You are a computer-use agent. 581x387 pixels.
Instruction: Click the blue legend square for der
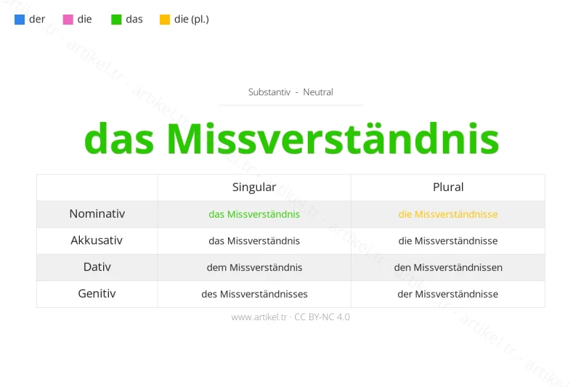[20, 20]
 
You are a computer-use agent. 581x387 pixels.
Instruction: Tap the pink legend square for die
[68, 20]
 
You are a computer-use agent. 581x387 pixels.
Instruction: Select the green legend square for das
[116, 20]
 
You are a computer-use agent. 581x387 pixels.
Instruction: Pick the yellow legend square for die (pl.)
[165, 20]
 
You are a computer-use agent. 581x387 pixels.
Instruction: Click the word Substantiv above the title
[269, 92]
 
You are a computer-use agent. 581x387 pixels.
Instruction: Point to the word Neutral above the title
[318, 92]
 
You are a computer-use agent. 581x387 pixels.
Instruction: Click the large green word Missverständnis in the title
[333, 138]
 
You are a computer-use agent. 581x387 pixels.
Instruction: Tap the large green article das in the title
[118, 138]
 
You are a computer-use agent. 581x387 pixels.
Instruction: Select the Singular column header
[254, 187]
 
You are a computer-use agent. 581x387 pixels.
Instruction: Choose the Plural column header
[448, 187]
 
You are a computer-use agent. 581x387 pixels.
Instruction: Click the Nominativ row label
[97, 213]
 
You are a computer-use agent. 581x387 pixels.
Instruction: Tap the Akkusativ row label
[97, 240]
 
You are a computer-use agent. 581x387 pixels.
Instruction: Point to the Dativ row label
[97, 266]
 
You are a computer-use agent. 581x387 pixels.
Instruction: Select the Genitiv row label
[97, 293]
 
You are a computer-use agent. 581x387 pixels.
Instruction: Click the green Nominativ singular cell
[254, 214]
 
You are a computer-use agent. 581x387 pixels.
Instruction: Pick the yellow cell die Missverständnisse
[448, 214]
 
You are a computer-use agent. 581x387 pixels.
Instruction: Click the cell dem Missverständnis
[254, 267]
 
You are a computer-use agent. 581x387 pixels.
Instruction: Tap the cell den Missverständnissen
[448, 267]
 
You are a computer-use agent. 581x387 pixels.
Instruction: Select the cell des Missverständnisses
[254, 294]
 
